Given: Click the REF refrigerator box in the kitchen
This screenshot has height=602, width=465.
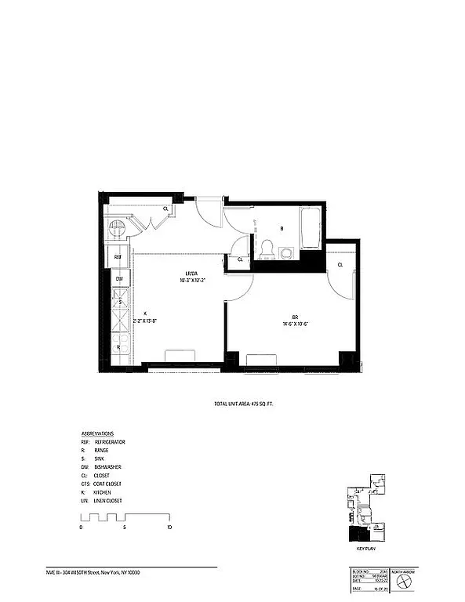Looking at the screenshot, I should tap(118, 257).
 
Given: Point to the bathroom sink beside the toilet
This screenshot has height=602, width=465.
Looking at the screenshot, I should tap(285, 253).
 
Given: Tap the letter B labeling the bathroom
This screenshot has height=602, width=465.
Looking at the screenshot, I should tap(281, 229).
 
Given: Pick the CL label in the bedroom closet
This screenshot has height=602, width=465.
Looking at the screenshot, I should tap(340, 266).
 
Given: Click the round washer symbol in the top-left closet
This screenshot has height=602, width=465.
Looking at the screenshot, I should tap(118, 227).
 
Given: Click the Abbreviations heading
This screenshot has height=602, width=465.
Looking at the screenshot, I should tap(97, 433).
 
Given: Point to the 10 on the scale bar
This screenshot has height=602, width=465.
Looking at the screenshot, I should tap(169, 529).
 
